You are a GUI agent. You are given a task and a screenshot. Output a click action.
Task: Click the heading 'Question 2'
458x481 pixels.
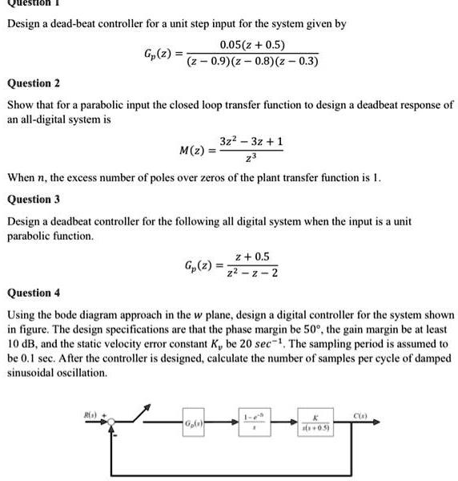pyautogui.click(x=33, y=83)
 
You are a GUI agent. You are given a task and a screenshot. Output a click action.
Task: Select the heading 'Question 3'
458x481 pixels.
pyautogui.click(x=33, y=199)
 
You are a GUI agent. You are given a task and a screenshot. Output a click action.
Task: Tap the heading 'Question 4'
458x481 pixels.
pyautogui.click(x=33, y=293)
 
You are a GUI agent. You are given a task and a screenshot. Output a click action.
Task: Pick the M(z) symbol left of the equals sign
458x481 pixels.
pyautogui.click(x=196, y=150)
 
